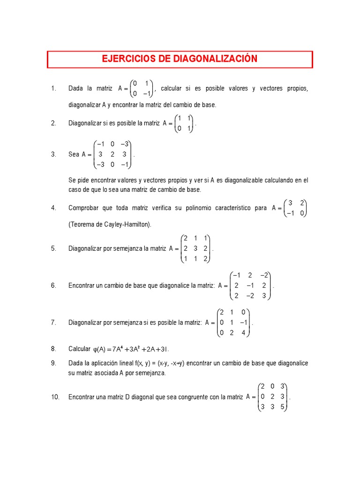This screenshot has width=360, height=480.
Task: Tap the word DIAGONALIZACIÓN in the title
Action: tap(216, 59)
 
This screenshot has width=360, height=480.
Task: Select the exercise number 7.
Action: tap(53, 322)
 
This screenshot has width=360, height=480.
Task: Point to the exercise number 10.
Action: tap(55, 397)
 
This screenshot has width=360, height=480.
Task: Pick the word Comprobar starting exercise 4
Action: tap(83, 208)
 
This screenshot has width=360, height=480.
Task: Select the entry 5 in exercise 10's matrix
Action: tap(282, 406)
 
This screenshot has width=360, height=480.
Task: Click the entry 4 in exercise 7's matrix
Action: tap(243, 333)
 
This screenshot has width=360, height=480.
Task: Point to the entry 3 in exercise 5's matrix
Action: tap(197, 248)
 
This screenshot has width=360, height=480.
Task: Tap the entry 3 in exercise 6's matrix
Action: tap(265, 295)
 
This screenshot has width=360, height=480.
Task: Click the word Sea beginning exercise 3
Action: tap(74, 154)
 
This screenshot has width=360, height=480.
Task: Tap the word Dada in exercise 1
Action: tap(75, 89)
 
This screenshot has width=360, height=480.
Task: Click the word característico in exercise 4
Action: tap(227, 208)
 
